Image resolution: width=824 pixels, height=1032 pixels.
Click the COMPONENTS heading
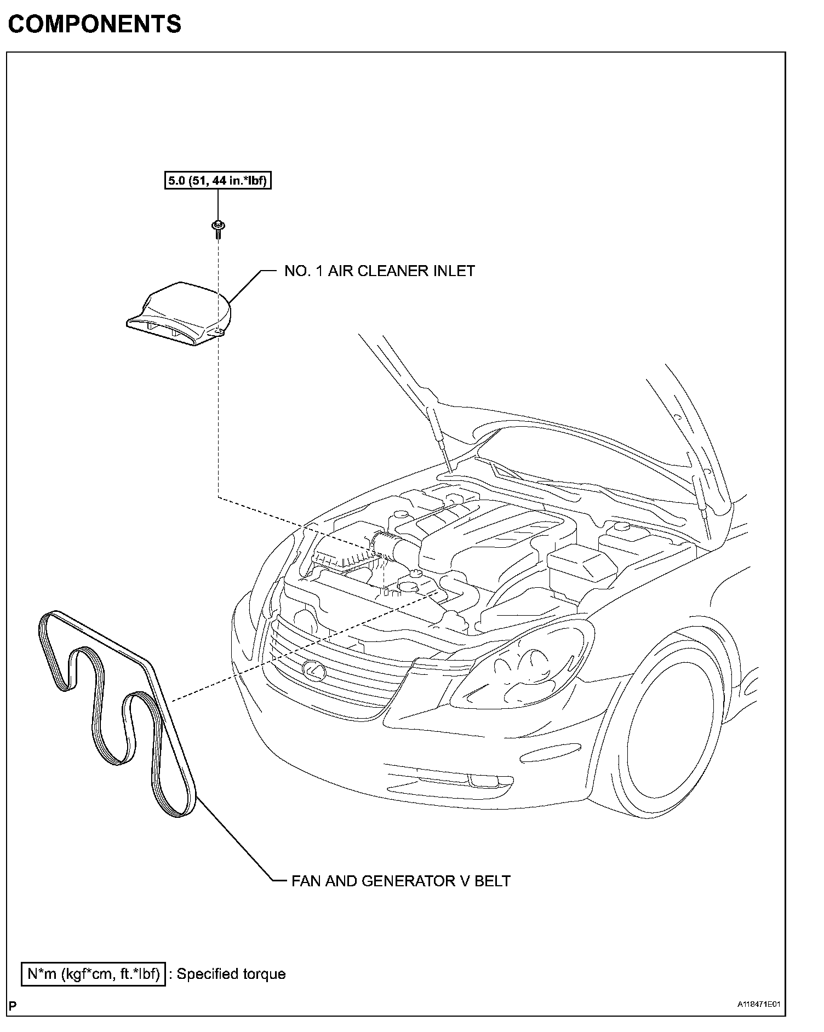coord(94,24)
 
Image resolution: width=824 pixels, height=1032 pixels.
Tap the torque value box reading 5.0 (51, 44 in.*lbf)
coord(218,180)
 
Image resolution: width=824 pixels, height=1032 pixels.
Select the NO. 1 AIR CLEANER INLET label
coord(379,271)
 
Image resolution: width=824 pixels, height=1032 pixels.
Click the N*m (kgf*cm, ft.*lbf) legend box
coord(93,974)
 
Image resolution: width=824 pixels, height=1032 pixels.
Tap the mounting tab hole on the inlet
coord(218,331)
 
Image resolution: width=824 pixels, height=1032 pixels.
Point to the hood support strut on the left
coord(438,438)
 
